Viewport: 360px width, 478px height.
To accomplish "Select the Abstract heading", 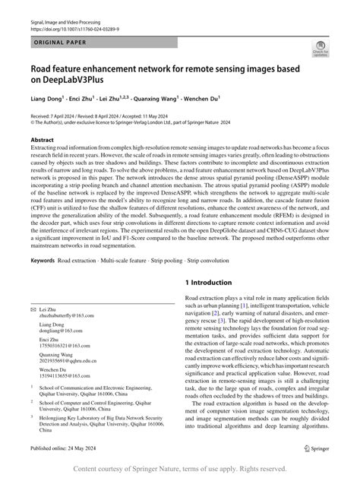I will tap(42, 141).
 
